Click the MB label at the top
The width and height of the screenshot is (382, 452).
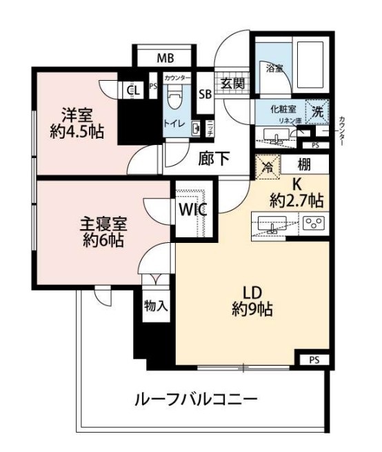164,57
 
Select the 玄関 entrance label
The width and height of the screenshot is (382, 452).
231,84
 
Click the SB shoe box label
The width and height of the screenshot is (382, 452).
205,94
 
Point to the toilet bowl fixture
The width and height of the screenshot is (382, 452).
174,98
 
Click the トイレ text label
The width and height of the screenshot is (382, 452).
173,124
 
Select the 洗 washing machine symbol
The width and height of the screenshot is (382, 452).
317,110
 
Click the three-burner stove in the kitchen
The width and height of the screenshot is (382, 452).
314,224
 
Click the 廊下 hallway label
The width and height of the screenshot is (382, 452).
214,158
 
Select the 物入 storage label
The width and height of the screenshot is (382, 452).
156,305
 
